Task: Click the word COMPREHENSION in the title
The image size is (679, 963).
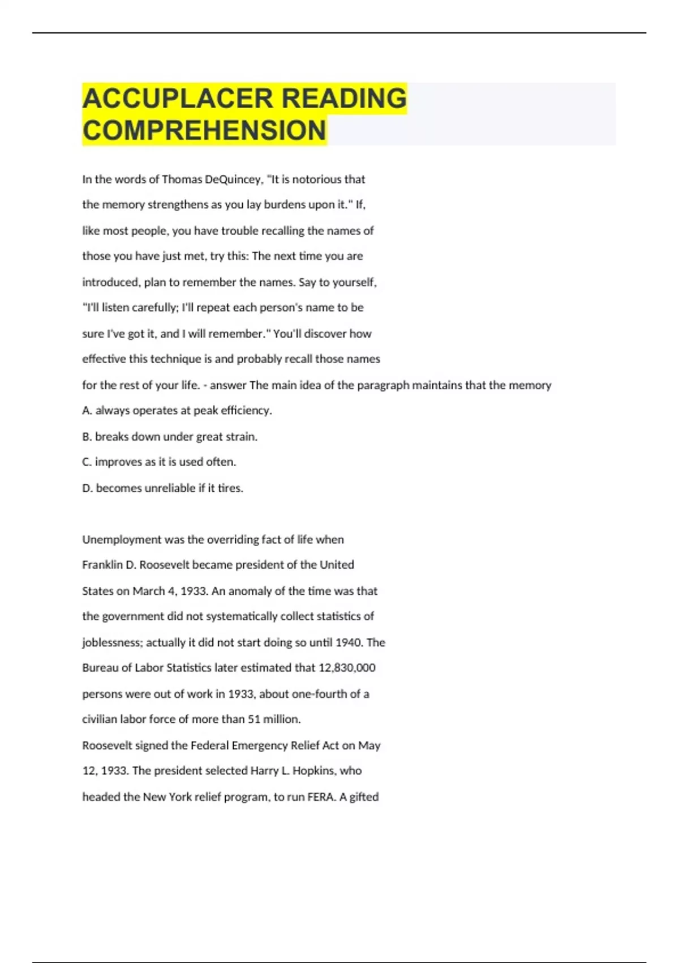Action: click(204, 130)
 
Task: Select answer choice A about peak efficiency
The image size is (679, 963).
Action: click(177, 410)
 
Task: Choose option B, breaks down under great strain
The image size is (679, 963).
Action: click(170, 436)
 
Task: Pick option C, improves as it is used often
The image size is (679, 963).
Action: click(159, 462)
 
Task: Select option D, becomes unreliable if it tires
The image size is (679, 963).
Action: click(163, 488)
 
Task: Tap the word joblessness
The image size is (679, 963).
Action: click(111, 642)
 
